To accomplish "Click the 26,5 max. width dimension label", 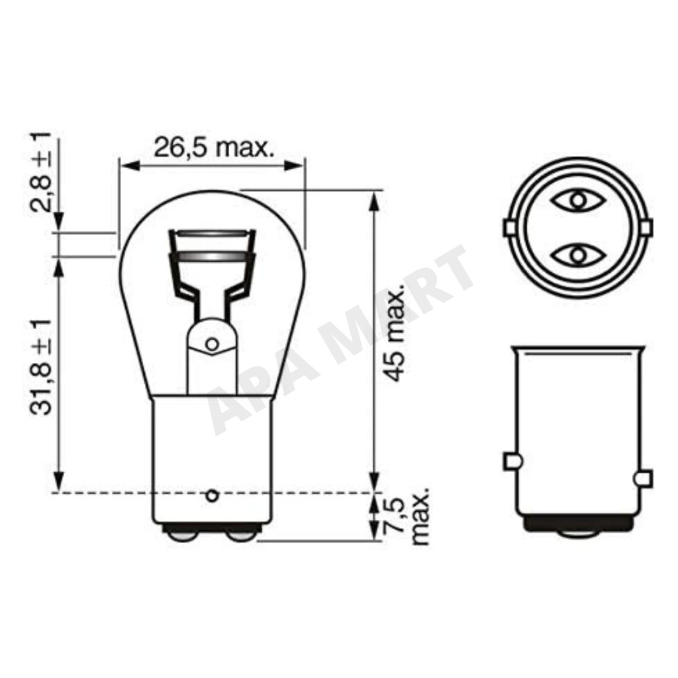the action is tap(215, 148).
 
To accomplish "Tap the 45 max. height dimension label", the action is tap(395, 334).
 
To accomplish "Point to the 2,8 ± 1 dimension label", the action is tap(41, 173).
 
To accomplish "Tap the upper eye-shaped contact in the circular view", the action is tap(578, 200).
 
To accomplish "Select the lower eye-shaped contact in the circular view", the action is tap(578, 256).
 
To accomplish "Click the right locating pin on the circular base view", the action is tap(646, 228).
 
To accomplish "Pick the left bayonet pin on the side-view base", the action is tap(513, 461).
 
